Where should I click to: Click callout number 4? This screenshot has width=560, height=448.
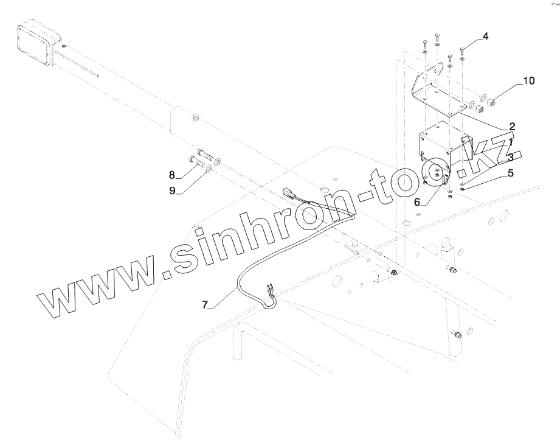coord(485,37)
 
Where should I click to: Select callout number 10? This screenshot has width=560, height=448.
coord(528,82)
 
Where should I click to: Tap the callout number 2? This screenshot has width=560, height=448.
coord(512,127)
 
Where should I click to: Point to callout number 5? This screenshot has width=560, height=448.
coord(511,173)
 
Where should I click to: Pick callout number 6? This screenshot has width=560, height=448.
coord(417,201)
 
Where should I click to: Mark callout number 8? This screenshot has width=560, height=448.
coord(172,175)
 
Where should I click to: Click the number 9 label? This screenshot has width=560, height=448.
coord(172,191)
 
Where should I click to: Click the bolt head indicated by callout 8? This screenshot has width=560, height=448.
coord(190,160)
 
